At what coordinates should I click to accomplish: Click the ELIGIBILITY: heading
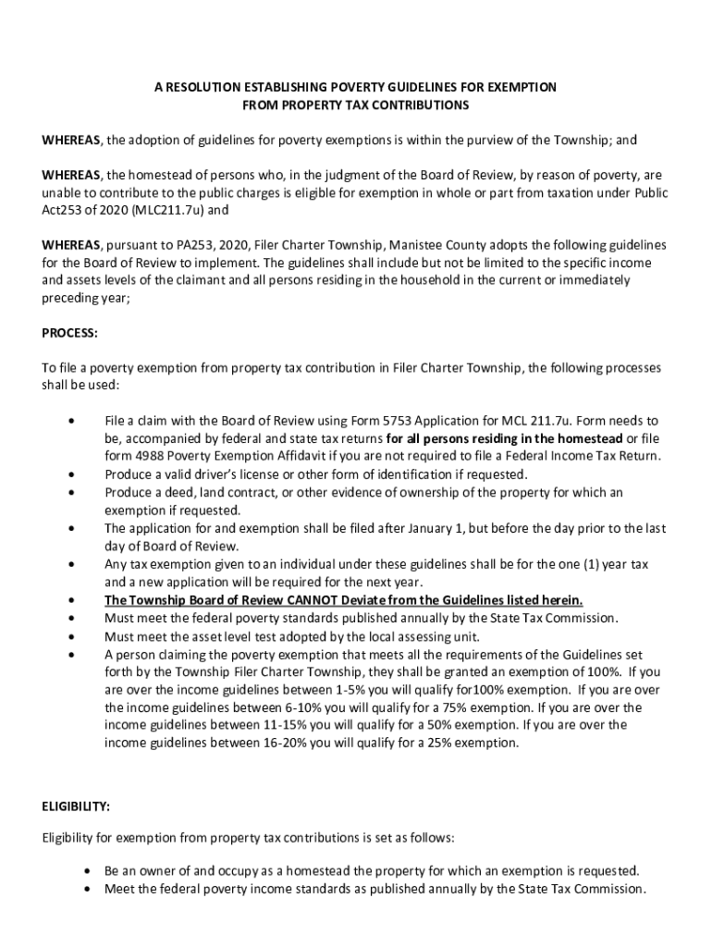(x=76, y=806)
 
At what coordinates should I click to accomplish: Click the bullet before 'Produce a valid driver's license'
(x=71, y=474)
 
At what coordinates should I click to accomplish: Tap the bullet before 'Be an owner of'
(x=86, y=871)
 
